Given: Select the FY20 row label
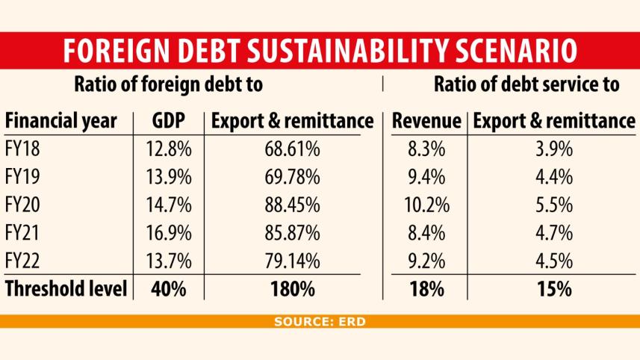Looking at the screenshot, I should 22,205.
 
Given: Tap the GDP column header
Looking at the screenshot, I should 170,121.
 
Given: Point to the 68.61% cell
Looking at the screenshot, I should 292,149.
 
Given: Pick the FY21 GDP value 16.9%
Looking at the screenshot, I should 170,233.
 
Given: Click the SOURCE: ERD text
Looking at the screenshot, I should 320,322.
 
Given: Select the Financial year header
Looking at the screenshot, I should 61,121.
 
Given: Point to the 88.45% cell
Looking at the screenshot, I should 292,205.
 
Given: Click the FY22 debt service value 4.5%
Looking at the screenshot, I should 553,261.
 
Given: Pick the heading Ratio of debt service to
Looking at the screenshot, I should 526,84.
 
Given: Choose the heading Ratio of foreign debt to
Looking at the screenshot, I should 168,84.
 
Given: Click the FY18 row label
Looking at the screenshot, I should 22,149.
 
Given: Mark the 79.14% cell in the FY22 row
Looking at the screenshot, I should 292,261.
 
